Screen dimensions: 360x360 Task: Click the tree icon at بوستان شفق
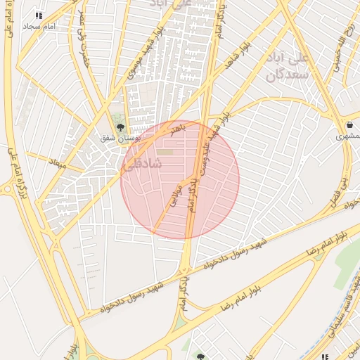point(120,127)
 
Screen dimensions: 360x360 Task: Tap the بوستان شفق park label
point(119,139)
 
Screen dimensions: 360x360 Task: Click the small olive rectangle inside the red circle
point(165,151)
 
